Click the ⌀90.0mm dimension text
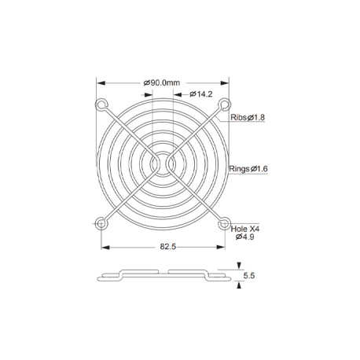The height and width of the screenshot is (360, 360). coord(162,83)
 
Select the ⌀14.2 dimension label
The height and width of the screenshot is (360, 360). coord(201,94)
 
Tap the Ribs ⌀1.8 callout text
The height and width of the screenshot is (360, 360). coord(248,117)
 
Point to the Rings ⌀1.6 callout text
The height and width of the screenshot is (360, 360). coord(248,169)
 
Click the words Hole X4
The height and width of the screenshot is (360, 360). coord(245,229)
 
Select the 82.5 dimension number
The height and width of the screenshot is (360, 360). coord(168,247)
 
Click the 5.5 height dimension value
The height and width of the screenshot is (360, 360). coord(249,276)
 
